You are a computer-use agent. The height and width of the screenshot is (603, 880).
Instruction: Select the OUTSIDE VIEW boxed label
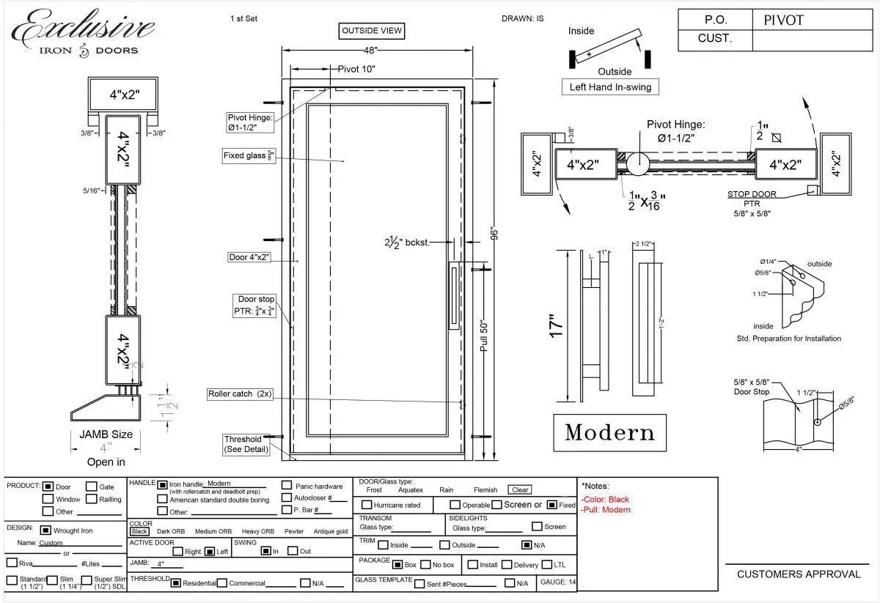coord(373,31)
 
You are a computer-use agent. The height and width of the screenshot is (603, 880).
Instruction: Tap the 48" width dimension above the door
coord(370,51)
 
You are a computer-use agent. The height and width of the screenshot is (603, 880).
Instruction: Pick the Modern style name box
coord(609,432)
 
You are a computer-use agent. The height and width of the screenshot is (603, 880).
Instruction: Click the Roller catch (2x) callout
coord(240,394)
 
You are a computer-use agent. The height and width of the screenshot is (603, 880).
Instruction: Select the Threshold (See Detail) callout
coord(246,444)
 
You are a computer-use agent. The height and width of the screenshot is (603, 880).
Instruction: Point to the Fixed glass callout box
coord(250,156)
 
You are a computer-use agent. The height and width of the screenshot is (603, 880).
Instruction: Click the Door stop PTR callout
coord(256,306)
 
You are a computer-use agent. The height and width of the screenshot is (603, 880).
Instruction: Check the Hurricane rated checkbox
coord(367,505)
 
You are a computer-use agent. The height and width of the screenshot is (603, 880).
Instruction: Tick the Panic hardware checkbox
coord(287,486)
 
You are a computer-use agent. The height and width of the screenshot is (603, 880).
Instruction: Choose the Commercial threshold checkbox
coord(223,583)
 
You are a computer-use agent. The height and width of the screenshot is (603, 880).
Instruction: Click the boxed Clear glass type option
coord(520,489)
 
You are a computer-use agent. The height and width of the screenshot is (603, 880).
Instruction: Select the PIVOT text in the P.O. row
coord(783,20)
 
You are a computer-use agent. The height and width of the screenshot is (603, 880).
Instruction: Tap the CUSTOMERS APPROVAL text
coord(799,574)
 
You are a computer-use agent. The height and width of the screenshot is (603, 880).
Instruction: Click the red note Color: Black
coord(605,499)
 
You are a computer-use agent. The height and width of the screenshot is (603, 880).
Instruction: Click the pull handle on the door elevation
coord(453,297)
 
